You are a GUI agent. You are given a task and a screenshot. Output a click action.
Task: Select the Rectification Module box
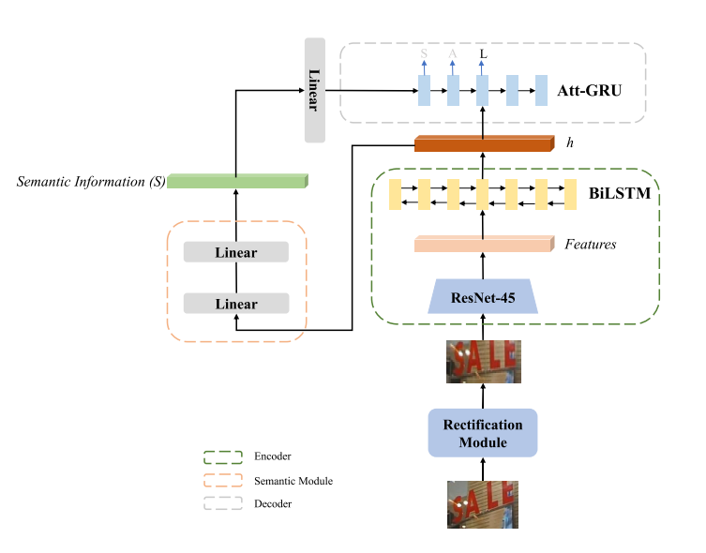pos(482,432)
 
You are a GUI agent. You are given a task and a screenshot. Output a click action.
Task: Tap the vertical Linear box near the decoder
pos(314,90)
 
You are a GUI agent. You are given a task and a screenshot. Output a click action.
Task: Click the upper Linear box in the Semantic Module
pos(235,253)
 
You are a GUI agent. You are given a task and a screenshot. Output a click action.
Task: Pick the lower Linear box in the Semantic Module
pos(235,304)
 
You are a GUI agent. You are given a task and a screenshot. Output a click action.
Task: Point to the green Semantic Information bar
pos(237,181)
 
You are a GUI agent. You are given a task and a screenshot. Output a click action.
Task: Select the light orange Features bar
pos(482,245)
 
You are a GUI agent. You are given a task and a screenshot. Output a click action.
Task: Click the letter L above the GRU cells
pos(483,54)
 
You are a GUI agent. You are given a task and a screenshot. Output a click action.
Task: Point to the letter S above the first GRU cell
pos(424,54)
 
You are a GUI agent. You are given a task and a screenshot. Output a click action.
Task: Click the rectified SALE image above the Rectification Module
pos(482,361)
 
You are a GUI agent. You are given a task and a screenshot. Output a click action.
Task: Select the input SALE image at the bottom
pos(482,505)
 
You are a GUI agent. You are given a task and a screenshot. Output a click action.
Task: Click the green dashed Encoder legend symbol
pos(218,456)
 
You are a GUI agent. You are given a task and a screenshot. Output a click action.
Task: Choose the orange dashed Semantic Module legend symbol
pos(218,481)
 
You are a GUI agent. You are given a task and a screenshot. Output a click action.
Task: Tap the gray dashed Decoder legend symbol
pos(218,504)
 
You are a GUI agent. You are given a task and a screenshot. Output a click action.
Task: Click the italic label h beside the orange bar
pos(569,143)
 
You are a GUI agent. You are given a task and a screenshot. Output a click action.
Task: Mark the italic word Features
pos(591,245)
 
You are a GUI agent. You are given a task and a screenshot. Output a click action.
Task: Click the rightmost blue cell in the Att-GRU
pos(541,91)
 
